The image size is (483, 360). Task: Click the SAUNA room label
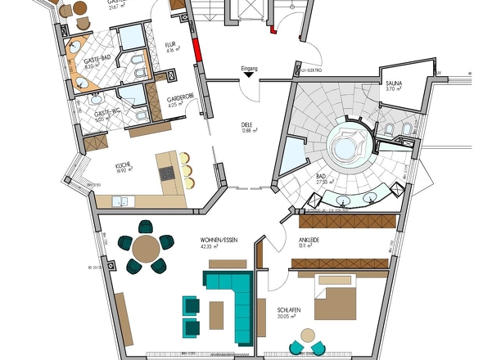pyautogui.click(x=394, y=83)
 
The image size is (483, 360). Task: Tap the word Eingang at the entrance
pyautogui.click(x=251, y=69)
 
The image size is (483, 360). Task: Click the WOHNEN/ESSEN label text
pyautogui.click(x=217, y=241)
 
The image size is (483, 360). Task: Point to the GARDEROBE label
pyautogui.click(x=180, y=98)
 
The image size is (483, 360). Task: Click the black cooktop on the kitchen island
pyautogui.click(x=166, y=173)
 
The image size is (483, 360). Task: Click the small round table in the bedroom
pyautogui.click(x=308, y=335)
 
